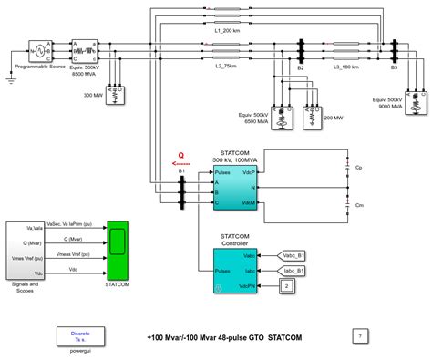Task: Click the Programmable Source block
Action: (x=42, y=50)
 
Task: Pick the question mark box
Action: (x=361, y=336)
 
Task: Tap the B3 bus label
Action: (x=394, y=67)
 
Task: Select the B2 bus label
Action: (x=300, y=67)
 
